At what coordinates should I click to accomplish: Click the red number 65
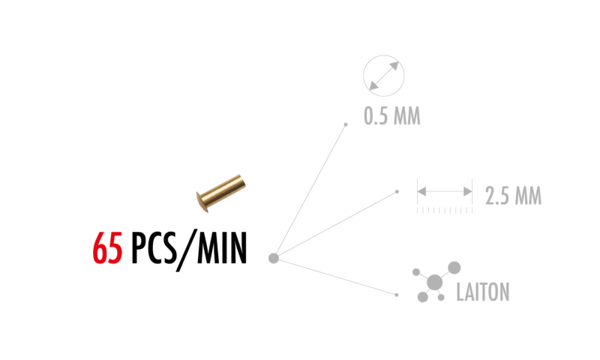107,247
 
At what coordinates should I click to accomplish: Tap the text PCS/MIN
189,250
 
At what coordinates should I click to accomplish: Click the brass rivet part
220,193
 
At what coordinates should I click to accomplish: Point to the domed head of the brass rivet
202,202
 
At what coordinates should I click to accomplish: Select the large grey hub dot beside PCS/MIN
274,258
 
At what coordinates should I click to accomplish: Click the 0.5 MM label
391,116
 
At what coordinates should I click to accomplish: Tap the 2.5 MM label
513,196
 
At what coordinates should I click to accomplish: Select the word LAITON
483,292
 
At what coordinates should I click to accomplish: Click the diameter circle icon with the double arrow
384,76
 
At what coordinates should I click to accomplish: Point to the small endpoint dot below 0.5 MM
346,124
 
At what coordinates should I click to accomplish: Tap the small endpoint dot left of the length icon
397,192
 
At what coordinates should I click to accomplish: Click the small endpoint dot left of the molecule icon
397,295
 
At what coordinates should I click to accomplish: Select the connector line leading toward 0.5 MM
310,191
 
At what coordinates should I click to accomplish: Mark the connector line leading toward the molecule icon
335,277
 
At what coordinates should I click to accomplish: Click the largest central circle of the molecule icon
435,283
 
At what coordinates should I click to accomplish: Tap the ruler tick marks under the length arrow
445,211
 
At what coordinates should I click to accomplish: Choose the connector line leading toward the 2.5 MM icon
335,225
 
